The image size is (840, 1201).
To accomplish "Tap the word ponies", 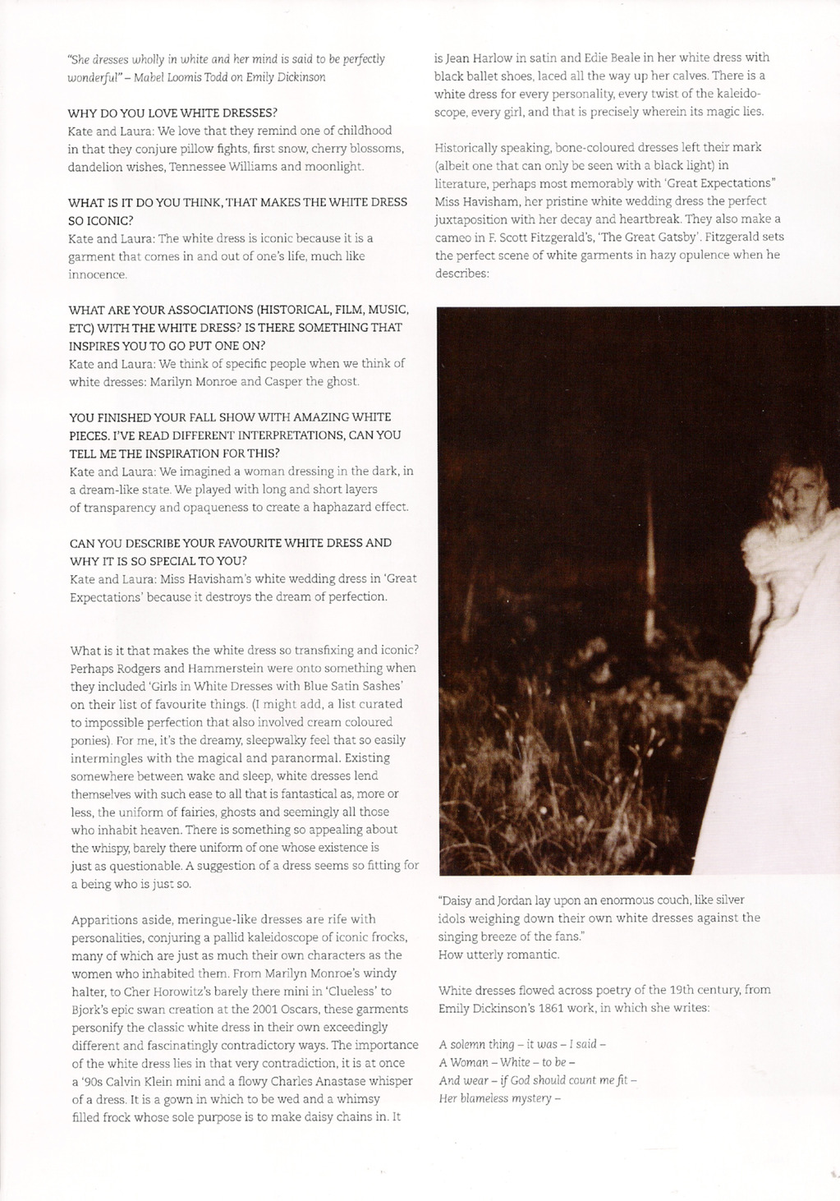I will pyautogui.click(x=89, y=739).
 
